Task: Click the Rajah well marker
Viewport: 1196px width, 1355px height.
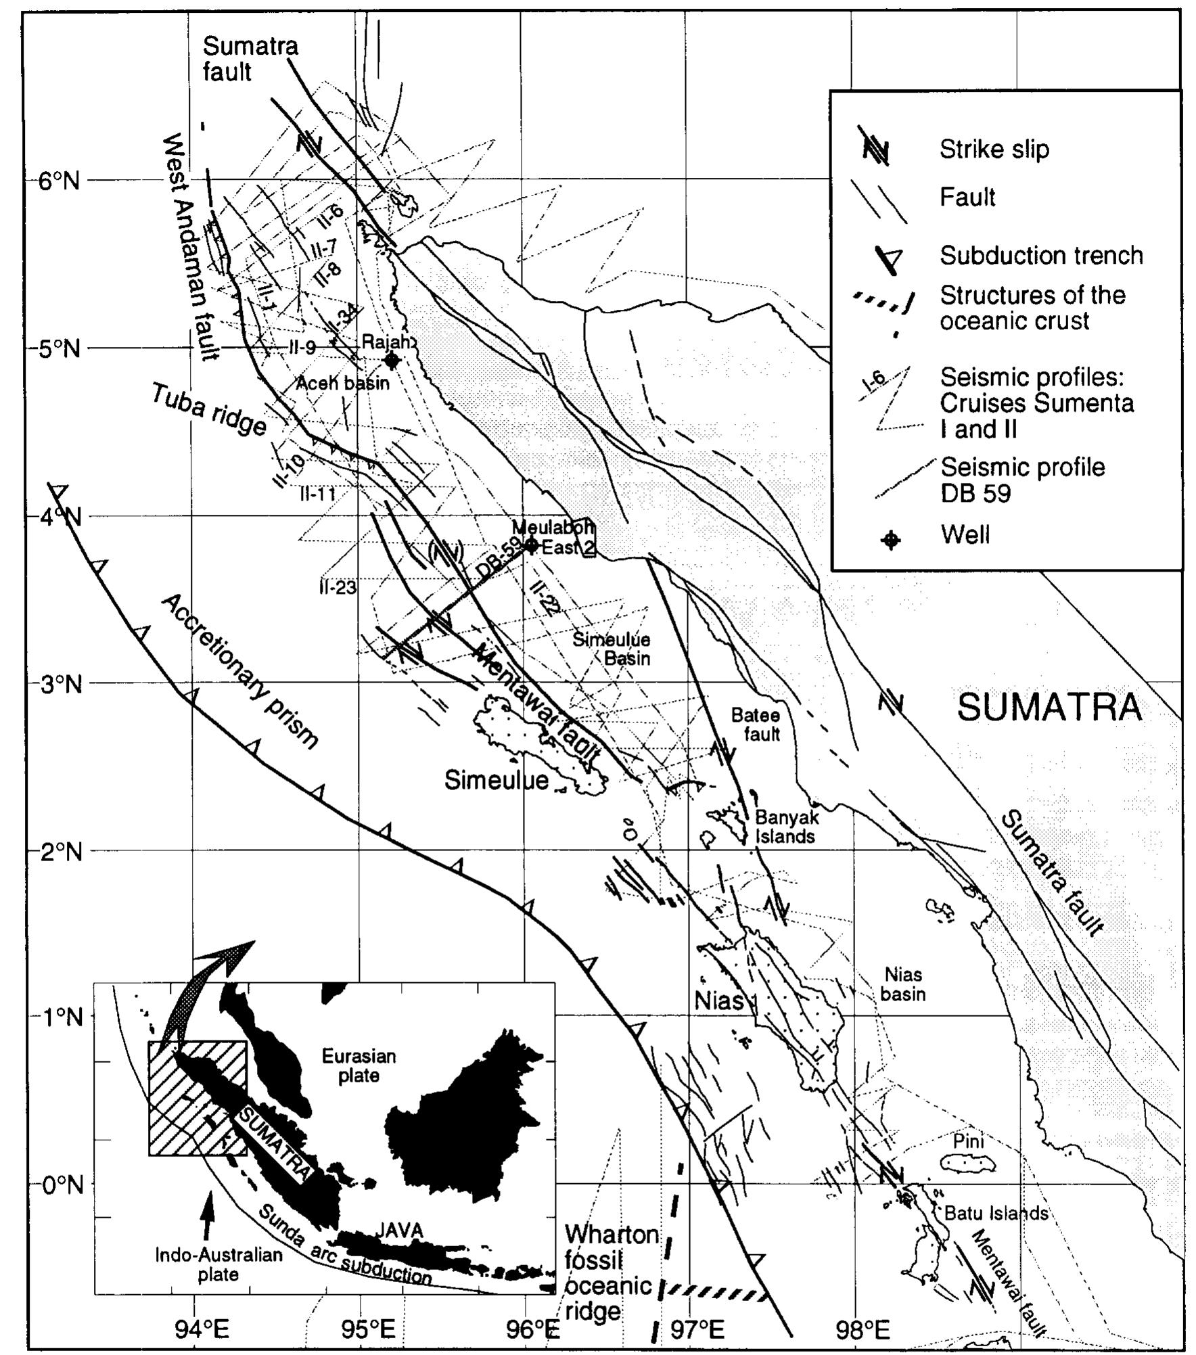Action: click(390, 361)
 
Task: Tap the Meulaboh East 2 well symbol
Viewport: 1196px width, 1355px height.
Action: click(532, 543)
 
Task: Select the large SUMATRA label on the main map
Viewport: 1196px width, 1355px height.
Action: click(1049, 708)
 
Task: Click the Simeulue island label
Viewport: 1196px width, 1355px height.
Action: click(496, 780)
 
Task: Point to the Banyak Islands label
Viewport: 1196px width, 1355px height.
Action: click(785, 827)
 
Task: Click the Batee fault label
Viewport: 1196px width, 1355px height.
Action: click(756, 725)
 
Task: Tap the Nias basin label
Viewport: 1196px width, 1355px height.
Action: click(903, 984)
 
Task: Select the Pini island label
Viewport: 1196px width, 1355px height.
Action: click(968, 1141)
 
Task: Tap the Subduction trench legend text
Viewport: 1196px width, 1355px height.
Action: click(1041, 255)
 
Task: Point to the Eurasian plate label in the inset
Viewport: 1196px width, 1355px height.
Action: click(359, 1065)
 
